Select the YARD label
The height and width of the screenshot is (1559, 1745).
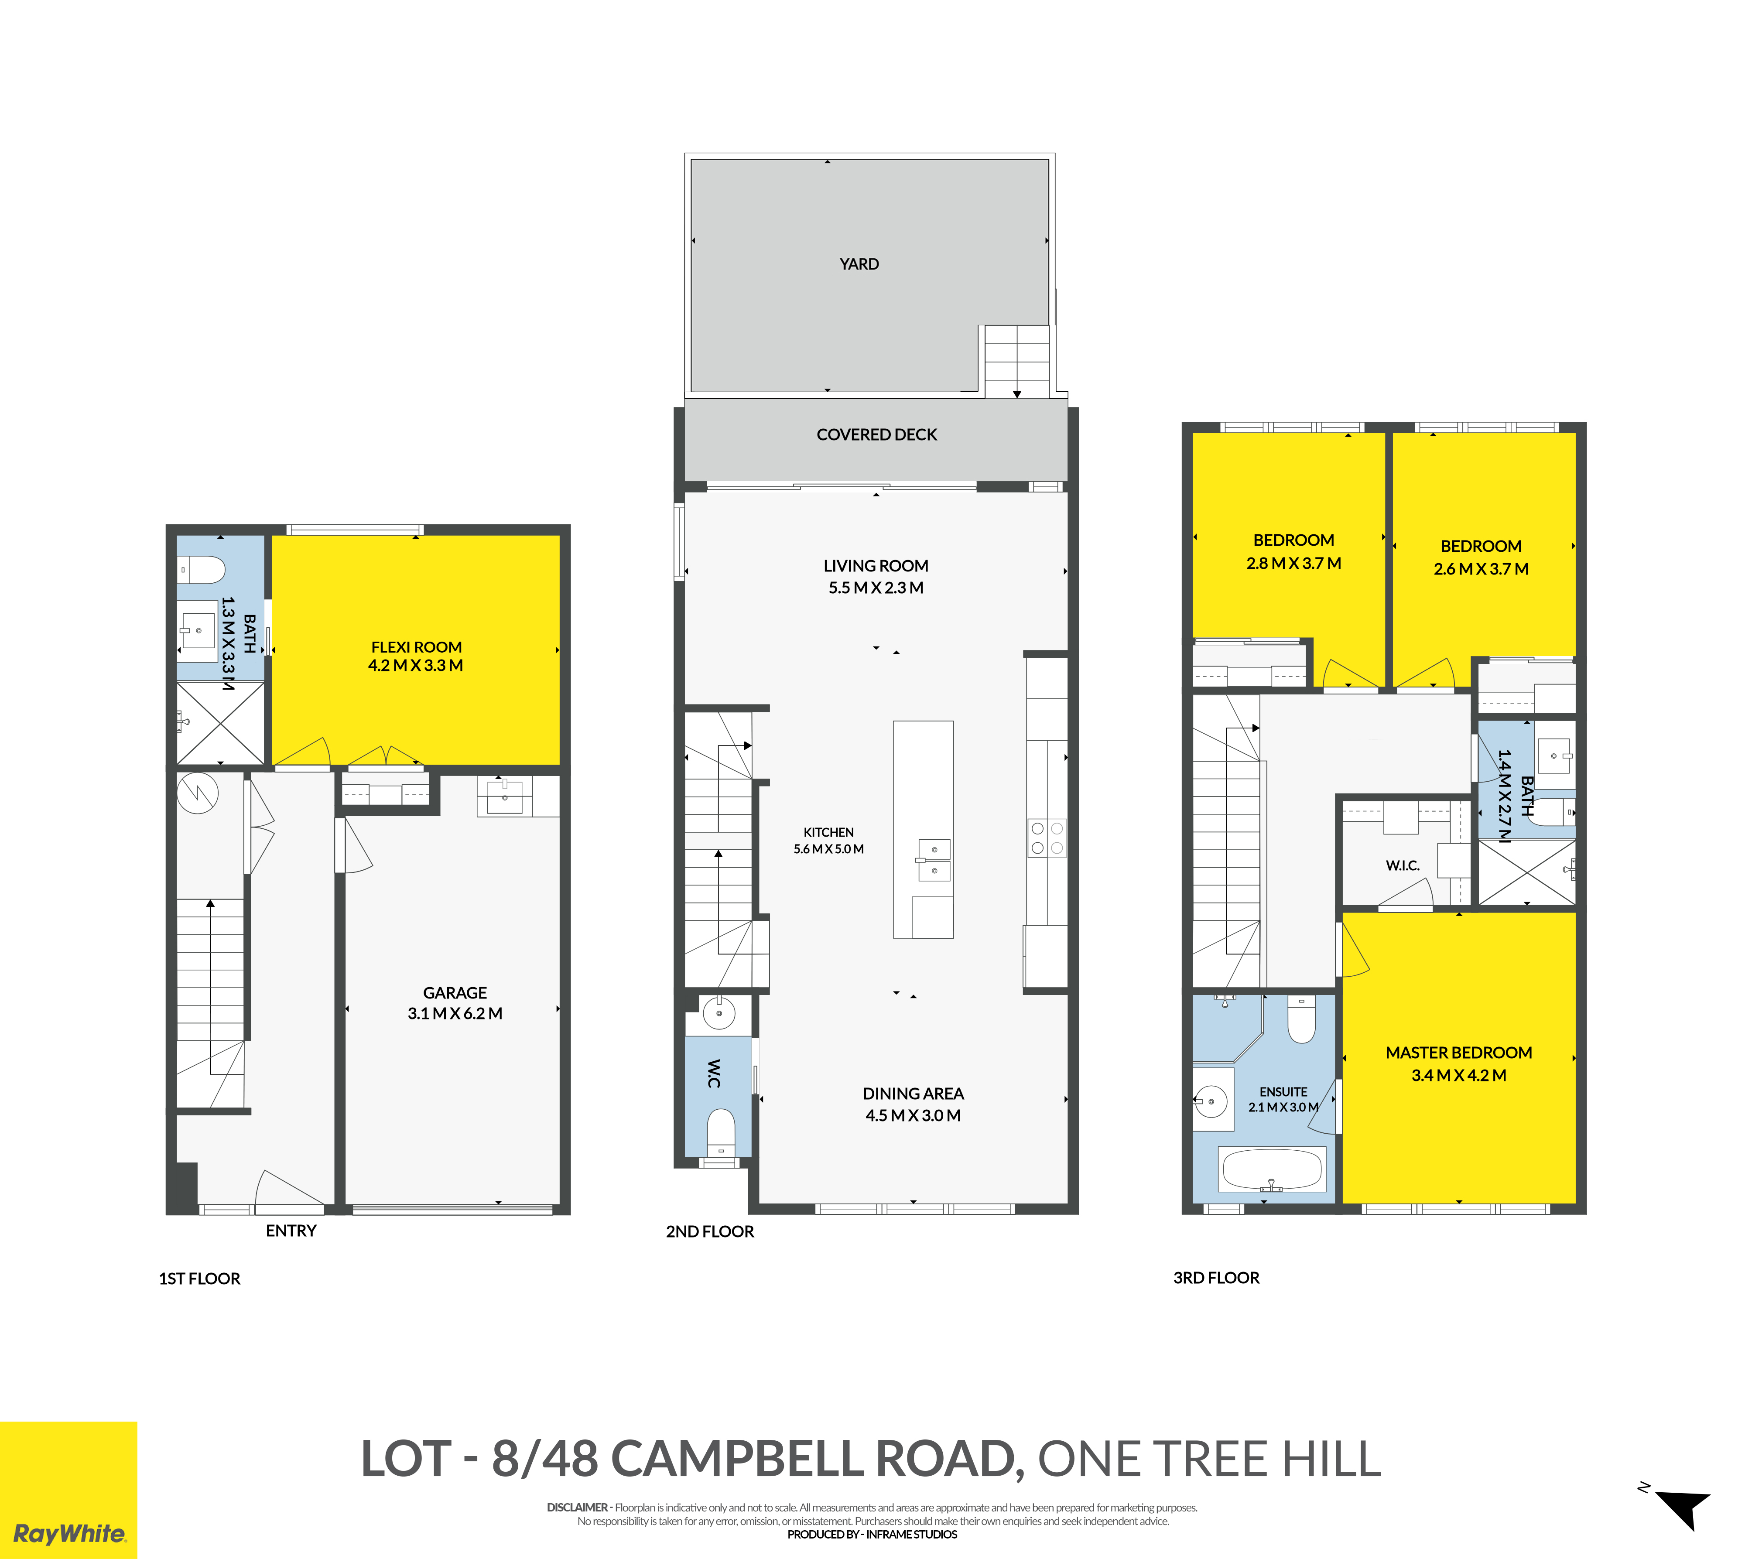click(859, 264)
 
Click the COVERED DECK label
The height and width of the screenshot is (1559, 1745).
click(876, 434)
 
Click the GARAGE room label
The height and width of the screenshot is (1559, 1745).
click(455, 993)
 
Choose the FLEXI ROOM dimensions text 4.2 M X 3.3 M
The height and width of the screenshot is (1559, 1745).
click(415, 666)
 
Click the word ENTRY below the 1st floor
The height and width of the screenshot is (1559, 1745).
click(291, 1231)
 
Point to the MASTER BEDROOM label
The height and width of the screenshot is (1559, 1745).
click(1459, 1053)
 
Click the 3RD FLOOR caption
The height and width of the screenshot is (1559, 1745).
click(1216, 1278)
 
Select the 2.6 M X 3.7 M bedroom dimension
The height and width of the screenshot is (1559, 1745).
click(1481, 569)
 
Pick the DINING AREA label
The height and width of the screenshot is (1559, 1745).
click(913, 1094)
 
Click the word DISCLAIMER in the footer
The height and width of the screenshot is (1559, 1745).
click(578, 1508)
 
